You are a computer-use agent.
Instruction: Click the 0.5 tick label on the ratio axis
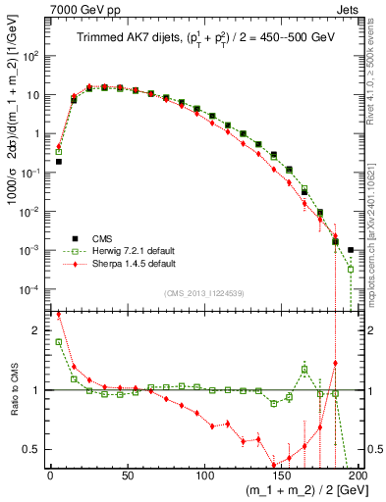32,449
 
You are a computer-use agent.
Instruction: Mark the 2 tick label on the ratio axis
37,330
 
